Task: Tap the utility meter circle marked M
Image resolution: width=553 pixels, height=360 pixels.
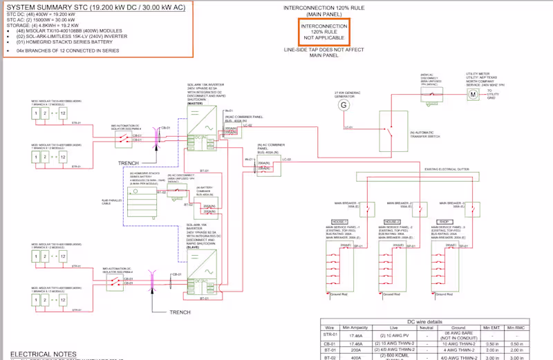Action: click(474, 93)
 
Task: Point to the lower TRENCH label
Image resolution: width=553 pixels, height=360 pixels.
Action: click(180, 312)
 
